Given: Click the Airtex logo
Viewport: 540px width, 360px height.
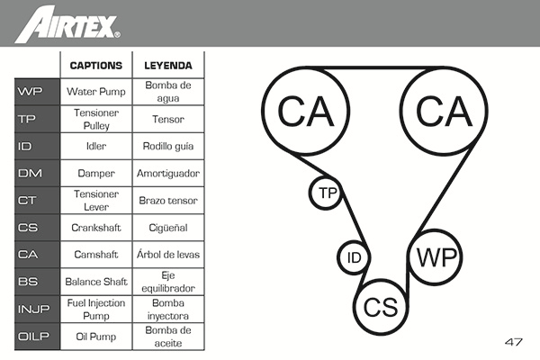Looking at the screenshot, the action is pyautogui.click(x=67, y=24).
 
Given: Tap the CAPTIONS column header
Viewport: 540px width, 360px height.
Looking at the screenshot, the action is pyautogui.click(x=96, y=66).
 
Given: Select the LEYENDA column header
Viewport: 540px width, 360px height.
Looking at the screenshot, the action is pyautogui.click(x=168, y=66).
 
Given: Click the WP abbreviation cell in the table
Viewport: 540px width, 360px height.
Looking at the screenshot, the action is pyautogui.click(x=37, y=92).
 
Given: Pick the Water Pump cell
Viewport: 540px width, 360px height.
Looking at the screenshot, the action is pyautogui.click(x=96, y=92).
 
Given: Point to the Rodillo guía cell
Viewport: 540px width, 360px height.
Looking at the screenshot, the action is pyautogui.click(x=168, y=146).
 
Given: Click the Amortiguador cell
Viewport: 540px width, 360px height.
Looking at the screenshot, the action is pyautogui.click(x=168, y=173).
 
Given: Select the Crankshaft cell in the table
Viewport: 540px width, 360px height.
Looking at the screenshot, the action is pyautogui.click(x=96, y=228).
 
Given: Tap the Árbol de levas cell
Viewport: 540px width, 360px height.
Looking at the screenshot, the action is pyautogui.click(x=168, y=255).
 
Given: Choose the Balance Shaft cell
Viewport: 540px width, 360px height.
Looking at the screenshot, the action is pyautogui.click(x=96, y=282).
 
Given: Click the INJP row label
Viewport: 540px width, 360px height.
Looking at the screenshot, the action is pyautogui.click(x=37, y=309).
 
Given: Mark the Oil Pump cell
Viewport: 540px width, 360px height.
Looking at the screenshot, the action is pyautogui.click(x=96, y=337).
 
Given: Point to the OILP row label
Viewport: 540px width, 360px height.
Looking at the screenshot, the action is pyautogui.click(x=37, y=337).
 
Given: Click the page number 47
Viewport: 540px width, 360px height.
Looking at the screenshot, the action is pyautogui.click(x=514, y=342).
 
